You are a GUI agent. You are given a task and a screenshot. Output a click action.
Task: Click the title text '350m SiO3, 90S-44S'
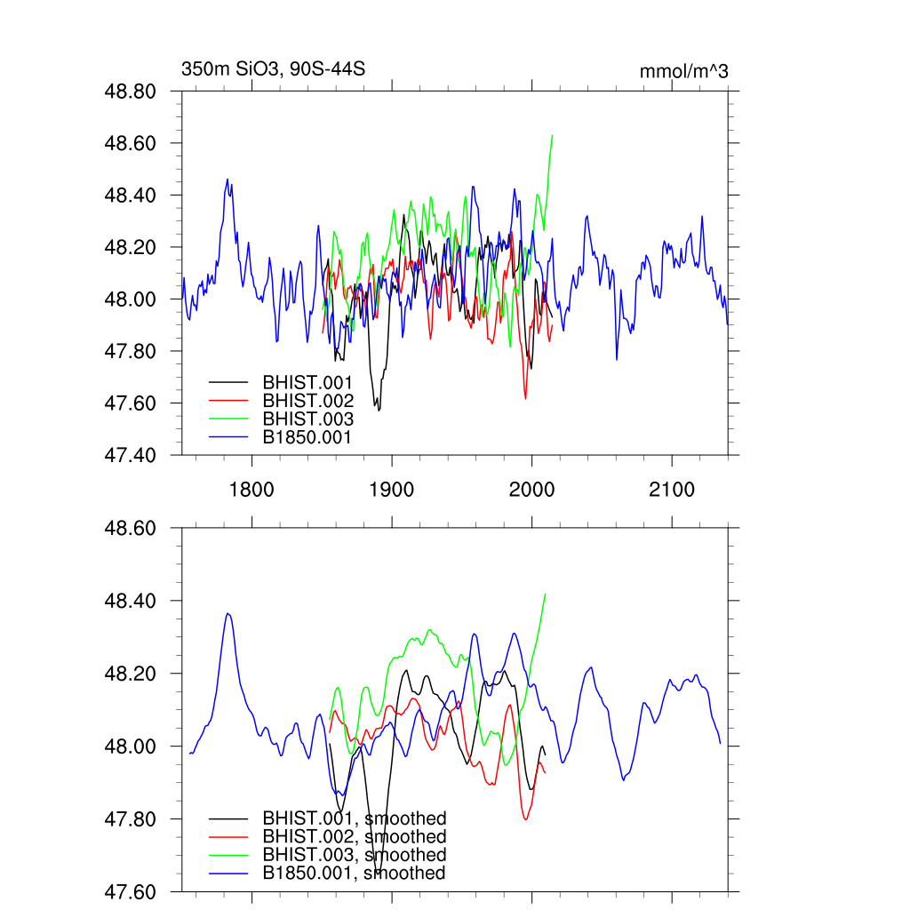274,69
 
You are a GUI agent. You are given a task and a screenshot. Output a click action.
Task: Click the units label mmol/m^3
683,72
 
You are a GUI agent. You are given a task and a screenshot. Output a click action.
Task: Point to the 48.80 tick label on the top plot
132,92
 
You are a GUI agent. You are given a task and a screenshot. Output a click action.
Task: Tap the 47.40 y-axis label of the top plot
132,455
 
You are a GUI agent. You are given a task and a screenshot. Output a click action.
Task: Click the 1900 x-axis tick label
392,490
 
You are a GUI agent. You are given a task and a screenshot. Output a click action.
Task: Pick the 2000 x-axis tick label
531,490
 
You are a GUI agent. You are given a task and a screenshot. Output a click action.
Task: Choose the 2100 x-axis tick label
672,490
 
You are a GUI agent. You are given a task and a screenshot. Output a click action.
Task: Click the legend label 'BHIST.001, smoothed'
354,818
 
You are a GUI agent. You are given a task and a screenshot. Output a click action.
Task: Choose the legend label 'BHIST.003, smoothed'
354,855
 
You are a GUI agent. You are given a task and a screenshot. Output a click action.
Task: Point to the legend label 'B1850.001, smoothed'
354,873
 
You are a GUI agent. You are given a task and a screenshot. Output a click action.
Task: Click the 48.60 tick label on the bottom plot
132,528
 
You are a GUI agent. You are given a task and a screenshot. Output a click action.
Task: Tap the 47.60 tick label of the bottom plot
132,891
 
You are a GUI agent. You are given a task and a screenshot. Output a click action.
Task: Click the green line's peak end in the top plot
553,136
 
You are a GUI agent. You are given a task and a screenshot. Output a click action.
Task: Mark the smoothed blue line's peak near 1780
227,613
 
